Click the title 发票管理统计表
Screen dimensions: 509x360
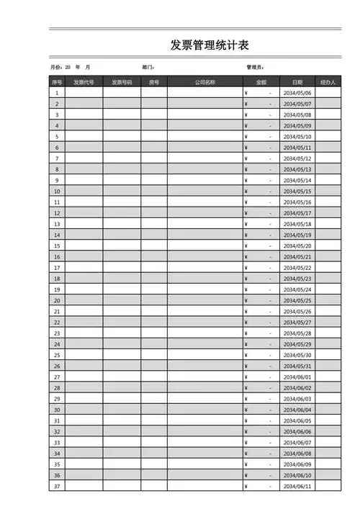(x=210, y=45)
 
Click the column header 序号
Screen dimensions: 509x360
(x=57, y=82)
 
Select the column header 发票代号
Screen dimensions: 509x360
(x=84, y=82)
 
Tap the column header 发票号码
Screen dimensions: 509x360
(x=122, y=82)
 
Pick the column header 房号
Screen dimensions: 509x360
(x=153, y=82)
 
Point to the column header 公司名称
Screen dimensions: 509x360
(x=204, y=82)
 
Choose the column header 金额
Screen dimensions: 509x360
(x=261, y=82)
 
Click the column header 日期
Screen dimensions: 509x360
(x=297, y=82)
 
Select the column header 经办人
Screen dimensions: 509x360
(x=328, y=82)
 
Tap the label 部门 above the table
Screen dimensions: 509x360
(x=149, y=67)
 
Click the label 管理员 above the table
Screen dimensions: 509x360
(x=256, y=67)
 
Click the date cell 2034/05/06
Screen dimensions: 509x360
(x=297, y=93)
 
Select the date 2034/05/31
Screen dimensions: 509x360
(x=297, y=366)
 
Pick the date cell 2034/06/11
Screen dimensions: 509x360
(x=297, y=486)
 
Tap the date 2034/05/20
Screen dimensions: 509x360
(x=297, y=246)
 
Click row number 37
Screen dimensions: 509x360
(x=57, y=486)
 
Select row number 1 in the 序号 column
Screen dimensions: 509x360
(x=57, y=93)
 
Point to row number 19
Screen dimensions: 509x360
(x=57, y=289)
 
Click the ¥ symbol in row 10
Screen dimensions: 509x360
(x=246, y=192)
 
